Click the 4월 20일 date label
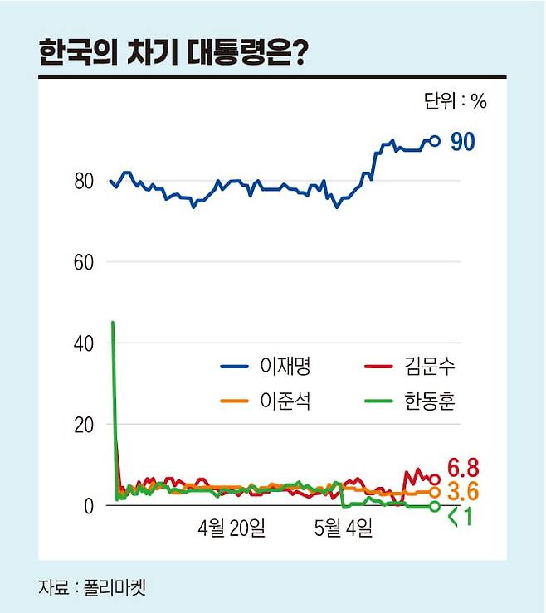coord(232,528)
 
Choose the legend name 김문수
coord(431,365)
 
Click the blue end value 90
coord(462,143)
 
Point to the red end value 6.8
coord(464,467)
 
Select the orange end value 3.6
coord(464,492)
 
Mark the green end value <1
coord(460,518)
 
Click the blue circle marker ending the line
coord(435,141)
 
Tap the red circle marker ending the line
coord(434,479)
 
